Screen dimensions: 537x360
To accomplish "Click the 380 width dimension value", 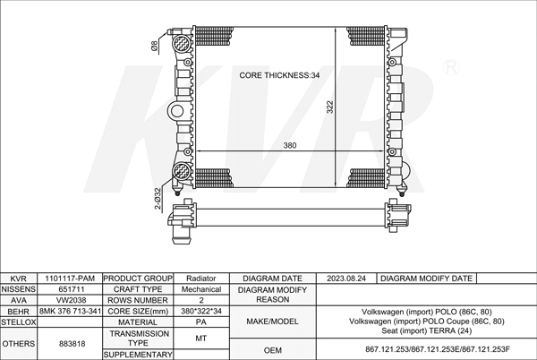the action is click(290, 146).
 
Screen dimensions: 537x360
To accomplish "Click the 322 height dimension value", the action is click(329, 107).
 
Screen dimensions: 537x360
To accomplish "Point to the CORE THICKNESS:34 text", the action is click(279, 75).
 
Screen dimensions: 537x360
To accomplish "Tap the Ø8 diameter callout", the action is click(155, 47).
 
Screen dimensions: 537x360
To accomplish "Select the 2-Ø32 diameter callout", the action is click(158, 198).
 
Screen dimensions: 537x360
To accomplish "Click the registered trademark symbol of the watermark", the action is click(451, 67).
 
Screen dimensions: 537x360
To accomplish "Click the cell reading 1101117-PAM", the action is click(70, 279).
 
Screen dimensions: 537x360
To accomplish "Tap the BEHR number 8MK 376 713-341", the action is click(70, 312).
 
